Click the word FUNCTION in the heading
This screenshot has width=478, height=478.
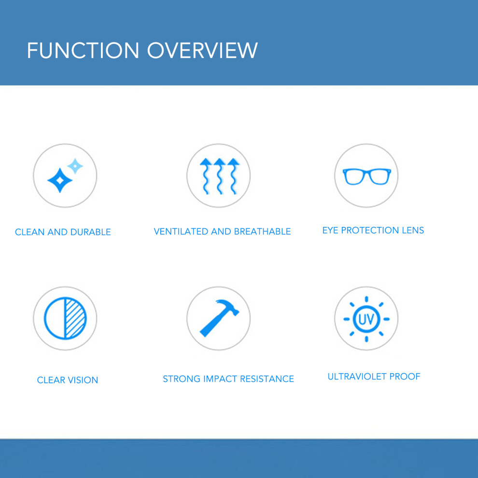[x=83, y=50]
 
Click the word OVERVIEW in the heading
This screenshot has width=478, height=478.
[x=203, y=50]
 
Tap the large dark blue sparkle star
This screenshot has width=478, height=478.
[x=60, y=181]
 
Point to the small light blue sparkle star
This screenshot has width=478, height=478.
[x=75, y=166]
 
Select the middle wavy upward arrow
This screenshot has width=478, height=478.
[x=220, y=176]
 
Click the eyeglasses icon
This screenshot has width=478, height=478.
[x=367, y=177]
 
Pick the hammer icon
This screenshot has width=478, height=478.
[x=219, y=318]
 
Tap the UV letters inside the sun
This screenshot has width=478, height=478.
[x=366, y=319]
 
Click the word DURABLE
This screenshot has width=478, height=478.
[x=91, y=232]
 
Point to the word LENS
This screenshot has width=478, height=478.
[x=413, y=230]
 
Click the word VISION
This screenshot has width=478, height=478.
[x=83, y=380]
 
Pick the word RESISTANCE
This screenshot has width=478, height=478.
[x=267, y=379]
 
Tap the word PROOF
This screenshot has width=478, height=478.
[x=405, y=377]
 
